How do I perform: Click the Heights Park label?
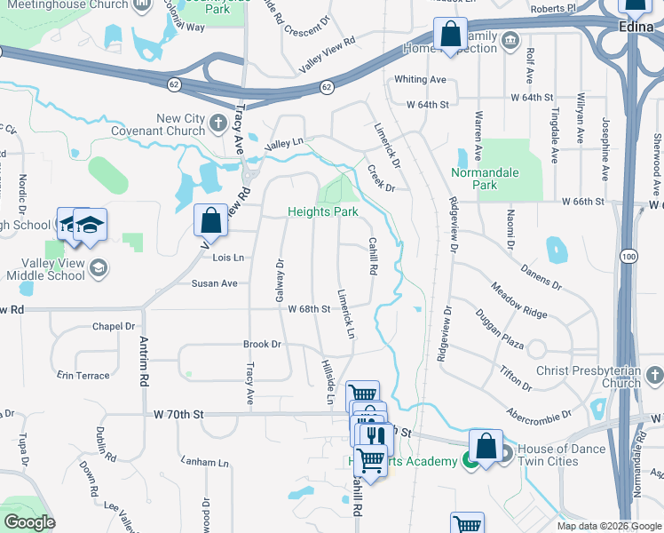coord(322,212)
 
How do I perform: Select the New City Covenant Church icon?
coord(219,130)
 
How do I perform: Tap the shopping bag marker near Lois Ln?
coord(210,219)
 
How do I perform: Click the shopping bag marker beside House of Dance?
coord(486,445)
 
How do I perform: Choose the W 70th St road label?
coord(178,414)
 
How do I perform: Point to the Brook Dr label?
coord(262,344)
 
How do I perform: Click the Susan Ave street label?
coord(215,283)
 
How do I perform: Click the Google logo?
coord(29,522)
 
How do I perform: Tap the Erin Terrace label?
coord(83,376)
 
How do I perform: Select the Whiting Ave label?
coord(420,79)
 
